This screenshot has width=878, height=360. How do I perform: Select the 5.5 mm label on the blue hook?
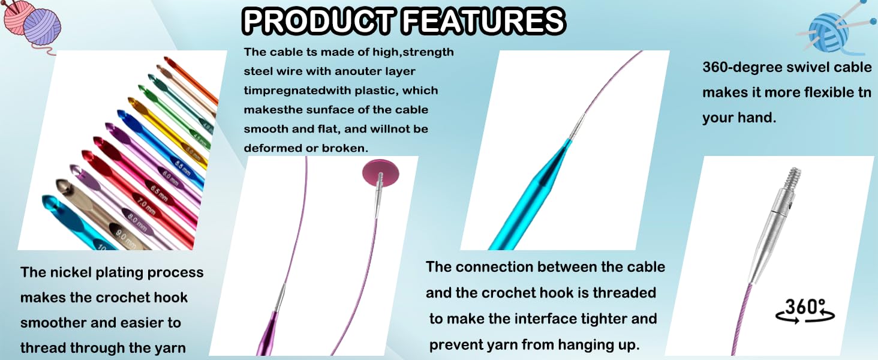coord(183,168)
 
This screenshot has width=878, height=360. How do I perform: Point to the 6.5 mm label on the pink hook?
coord(159,192)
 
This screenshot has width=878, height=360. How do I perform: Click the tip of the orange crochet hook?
coord(166,59)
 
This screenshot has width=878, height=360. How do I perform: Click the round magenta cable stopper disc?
coord(380,173)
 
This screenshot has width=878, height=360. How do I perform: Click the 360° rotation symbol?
coord(805,312)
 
